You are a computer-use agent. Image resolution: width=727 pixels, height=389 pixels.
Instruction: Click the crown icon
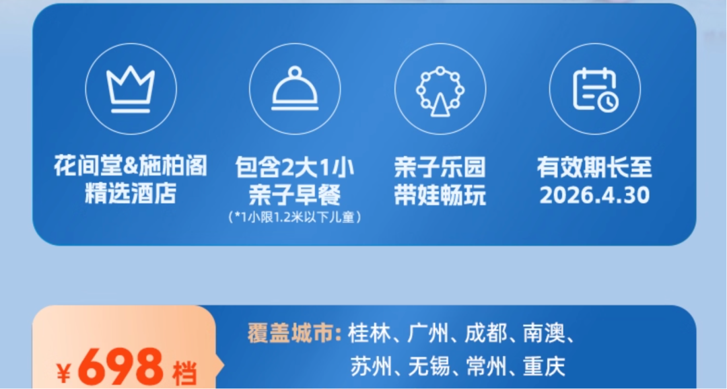[x=131, y=88]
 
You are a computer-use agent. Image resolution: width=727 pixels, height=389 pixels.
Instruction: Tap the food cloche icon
[x=295, y=88]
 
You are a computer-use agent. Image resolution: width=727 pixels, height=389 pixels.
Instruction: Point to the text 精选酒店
[x=131, y=194]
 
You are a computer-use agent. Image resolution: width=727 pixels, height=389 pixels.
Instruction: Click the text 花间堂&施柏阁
[x=131, y=166]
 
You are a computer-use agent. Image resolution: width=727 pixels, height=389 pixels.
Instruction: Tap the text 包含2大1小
[x=295, y=167]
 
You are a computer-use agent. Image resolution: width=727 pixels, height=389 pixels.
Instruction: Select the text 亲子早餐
[x=295, y=195]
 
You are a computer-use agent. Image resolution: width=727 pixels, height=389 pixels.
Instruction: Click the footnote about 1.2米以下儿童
[x=295, y=217]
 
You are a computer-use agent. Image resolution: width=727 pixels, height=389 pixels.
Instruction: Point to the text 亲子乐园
[x=440, y=167]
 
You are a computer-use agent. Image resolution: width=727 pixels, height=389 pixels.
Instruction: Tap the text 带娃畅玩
[x=440, y=195]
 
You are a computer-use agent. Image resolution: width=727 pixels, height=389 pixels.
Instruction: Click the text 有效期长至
[x=595, y=167]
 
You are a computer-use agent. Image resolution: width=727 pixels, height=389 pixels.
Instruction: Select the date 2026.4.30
[x=595, y=195]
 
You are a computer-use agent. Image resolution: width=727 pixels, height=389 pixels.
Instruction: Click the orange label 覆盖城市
[x=293, y=334]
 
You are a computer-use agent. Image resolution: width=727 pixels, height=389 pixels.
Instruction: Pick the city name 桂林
[x=368, y=334]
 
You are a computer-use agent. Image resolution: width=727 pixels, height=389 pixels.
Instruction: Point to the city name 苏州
[x=368, y=367]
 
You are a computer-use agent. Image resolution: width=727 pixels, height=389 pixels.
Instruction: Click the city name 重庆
[x=545, y=367]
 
